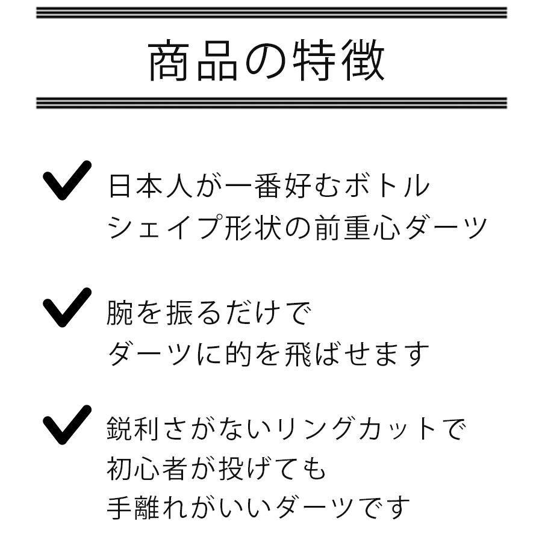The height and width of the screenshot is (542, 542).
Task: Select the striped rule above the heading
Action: tap(271, 13)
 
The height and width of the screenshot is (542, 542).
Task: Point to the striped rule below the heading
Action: tap(271, 103)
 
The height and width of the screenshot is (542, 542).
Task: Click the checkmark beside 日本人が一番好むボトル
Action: tap(67, 180)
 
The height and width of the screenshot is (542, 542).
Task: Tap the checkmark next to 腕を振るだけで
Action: tap(67, 307)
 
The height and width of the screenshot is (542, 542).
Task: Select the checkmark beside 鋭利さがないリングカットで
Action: tap(67, 425)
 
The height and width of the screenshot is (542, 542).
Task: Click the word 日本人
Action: tap(150, 187)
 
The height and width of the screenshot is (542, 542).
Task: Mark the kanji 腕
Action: tap(119, 314)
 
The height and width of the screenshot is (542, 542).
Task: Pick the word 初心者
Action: tap(150, 468)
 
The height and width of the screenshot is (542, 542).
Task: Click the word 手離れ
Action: tap(150, 507)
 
